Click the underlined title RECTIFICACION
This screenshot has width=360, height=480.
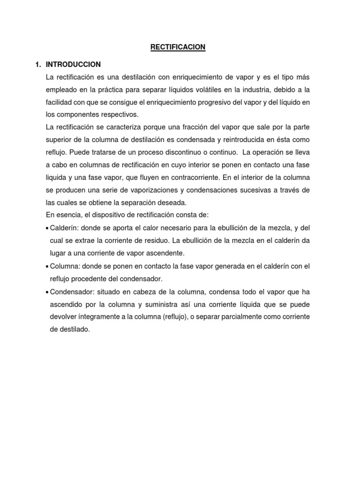click(178, 47)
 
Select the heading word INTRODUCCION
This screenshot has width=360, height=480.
click(73, 64)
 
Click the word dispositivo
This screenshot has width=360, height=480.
click(101, 215)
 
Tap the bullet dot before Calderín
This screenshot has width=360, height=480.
click(47, 228)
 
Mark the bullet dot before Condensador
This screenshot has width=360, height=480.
click(47, 292)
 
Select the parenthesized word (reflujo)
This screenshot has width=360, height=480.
click(178, 317)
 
